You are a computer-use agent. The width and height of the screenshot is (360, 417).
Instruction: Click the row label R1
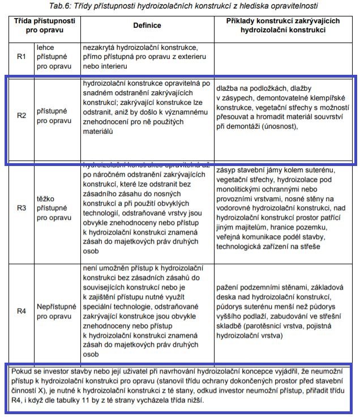click(21, 57)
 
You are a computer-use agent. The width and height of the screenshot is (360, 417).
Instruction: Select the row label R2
click(21, 116)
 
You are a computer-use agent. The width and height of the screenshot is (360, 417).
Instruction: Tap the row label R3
click(21, 208)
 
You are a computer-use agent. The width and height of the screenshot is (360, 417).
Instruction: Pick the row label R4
click(21, 310)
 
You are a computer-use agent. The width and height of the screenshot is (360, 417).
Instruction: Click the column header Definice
click(147, 25)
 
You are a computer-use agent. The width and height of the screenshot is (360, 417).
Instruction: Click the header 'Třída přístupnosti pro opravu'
click(45, 25)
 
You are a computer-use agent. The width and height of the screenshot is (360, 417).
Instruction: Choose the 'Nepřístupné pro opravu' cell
click(57, 310)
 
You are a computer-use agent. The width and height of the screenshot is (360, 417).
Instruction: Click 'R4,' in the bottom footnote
click(19, 401)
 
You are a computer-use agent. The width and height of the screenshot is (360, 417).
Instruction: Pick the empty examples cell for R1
click(285, 57)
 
